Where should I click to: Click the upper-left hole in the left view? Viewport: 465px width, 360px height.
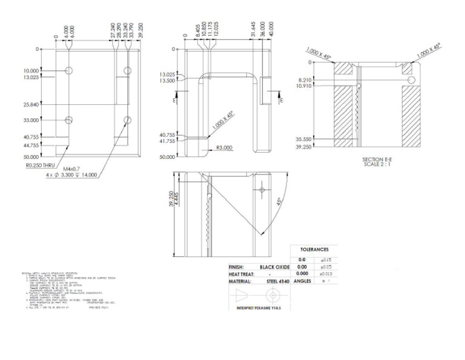(70, 71)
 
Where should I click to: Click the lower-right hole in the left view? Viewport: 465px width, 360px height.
(127, 119)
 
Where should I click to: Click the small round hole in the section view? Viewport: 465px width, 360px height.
(412, 79)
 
